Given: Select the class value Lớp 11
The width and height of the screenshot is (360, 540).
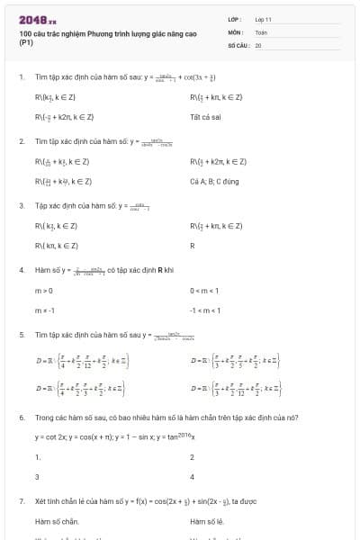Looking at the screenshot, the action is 263,19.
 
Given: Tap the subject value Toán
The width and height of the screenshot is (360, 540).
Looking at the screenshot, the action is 261,31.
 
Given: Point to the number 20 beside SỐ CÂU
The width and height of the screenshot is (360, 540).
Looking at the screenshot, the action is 258,44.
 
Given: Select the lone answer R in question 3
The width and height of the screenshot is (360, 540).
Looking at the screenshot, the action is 193,245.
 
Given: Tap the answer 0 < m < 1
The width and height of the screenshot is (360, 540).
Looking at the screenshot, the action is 206,290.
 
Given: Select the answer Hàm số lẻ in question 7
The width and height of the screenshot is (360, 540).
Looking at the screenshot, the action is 206,520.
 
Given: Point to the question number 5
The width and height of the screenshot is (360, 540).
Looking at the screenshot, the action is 21,334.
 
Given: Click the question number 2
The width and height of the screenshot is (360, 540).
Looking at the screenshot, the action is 21,141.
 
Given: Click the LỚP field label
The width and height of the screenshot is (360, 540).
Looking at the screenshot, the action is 234,19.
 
